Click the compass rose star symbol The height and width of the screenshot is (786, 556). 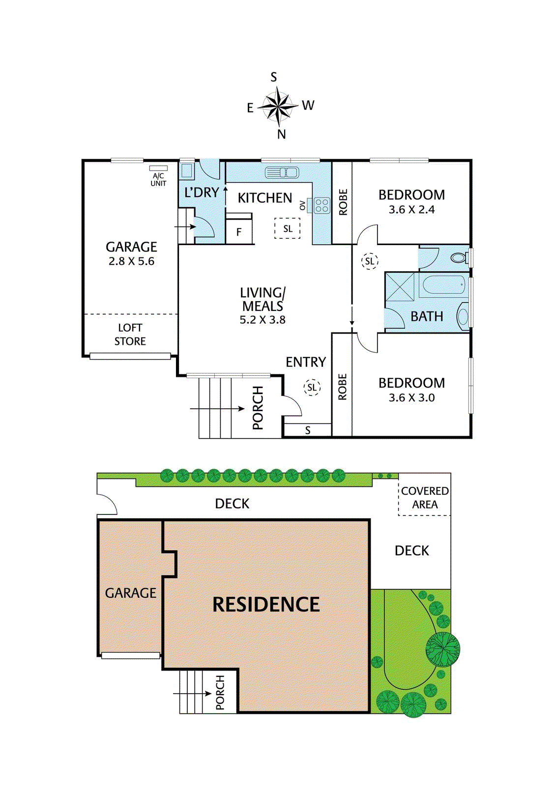click(x=278, y=106)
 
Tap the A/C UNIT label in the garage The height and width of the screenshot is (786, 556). click(x=158, y=179)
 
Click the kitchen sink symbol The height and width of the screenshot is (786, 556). click(x=282, y=172)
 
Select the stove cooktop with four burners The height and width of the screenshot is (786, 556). click(x=322, y=205)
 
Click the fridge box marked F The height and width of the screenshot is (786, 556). click(x=239, y=232)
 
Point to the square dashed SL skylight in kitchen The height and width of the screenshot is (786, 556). click(x=288, y=228)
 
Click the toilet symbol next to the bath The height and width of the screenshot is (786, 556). click(x=459, y=257)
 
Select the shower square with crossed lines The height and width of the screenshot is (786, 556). click(x=400, y=287)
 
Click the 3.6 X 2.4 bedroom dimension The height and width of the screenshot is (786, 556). click(x=411, y=210)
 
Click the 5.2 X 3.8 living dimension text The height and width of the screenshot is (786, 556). click(x=263, y=320)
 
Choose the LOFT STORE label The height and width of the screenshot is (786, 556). click(x=130, y=335)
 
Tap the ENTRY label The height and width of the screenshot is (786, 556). click(x=306, y=362)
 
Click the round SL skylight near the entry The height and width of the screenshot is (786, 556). click(x=312, y=387)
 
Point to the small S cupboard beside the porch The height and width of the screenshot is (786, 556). click(x=308, y=430)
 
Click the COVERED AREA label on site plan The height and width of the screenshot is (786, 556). click(x=425, y=498)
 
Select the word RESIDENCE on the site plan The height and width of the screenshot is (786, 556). click(x=266, y=604)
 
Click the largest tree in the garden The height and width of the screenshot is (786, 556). click(x=443, y=649)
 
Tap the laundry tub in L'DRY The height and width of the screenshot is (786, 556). click(x=187, y=170)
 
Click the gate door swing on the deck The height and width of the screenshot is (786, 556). click(x=106, y=505)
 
